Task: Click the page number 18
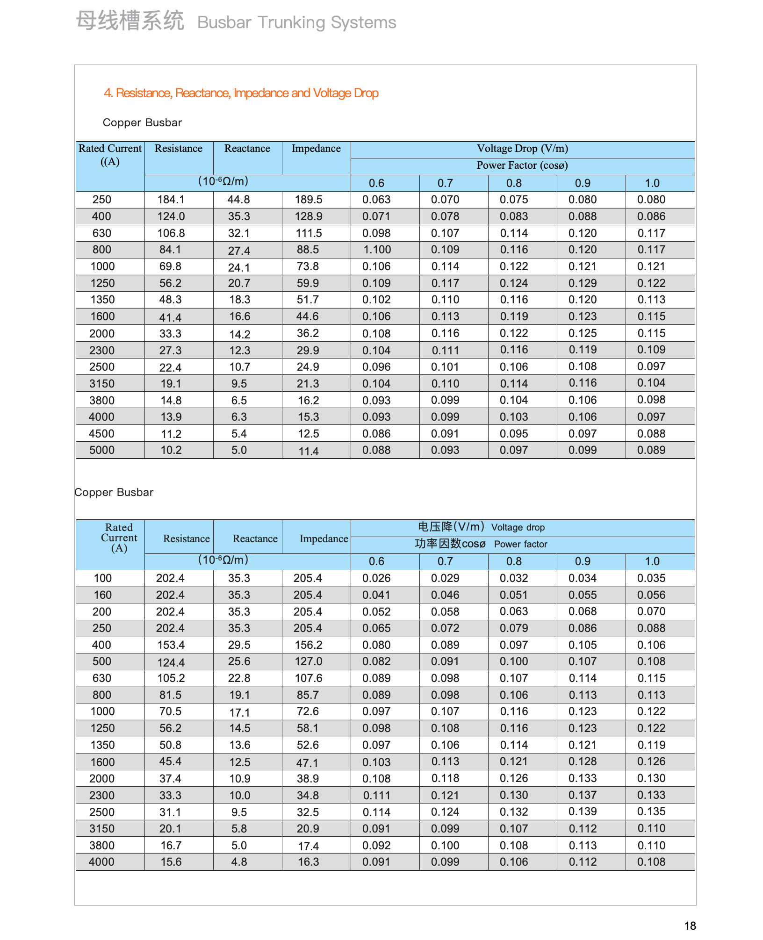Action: pos(690,926)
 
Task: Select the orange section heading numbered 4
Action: pos(241,93)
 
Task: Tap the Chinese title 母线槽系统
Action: pos(130,22)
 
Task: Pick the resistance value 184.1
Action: pos(171,200)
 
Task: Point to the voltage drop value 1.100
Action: pos(377,250)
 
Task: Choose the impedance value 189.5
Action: pos(309,200)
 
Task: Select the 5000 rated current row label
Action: pos(102,450)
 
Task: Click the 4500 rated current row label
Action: pos(101,434)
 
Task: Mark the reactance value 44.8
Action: pos(239,200)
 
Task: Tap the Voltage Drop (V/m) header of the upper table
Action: pos(522,149)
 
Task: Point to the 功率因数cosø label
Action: pos(450,544)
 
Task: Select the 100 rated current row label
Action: pos(102,578)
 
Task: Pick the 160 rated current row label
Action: pos(102,595)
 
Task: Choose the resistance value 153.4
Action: pos(171,645)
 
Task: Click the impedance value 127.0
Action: pos(309,661)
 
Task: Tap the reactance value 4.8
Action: pos(239,862)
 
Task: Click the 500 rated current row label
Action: pos(102,661)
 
